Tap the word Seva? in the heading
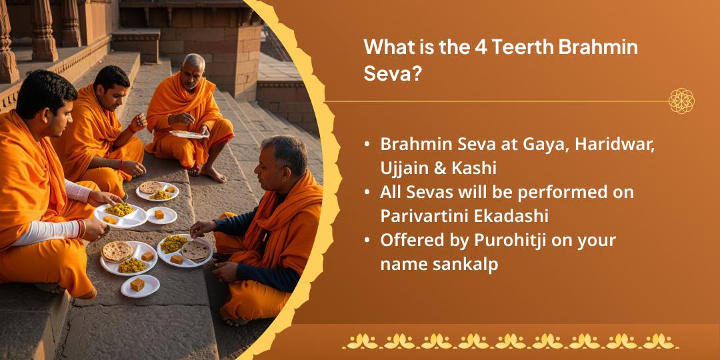(x=393, y=73)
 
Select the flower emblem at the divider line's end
(x=681, y=101)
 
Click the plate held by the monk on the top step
(x=189, y=134)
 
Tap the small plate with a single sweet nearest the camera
(x=140, y=285)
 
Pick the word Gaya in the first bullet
(x=534, y=145)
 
